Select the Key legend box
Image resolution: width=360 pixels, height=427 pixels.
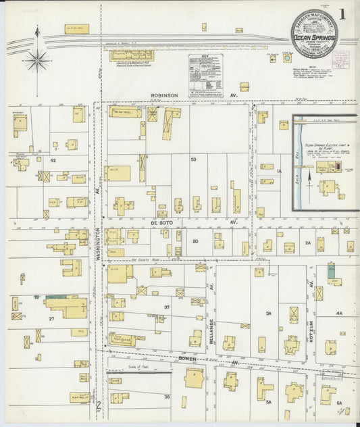(205, 76)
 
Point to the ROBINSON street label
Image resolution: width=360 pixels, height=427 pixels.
(164, 96)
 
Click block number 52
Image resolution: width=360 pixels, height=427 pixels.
(52, 161)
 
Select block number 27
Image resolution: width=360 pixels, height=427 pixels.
(51, 318)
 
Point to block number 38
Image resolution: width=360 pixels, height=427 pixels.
(167, 397)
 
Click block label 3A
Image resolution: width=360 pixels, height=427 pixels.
(268, 313)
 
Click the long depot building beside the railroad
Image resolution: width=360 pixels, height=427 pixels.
(132, 55)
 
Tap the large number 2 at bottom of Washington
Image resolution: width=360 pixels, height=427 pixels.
(99, 406)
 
